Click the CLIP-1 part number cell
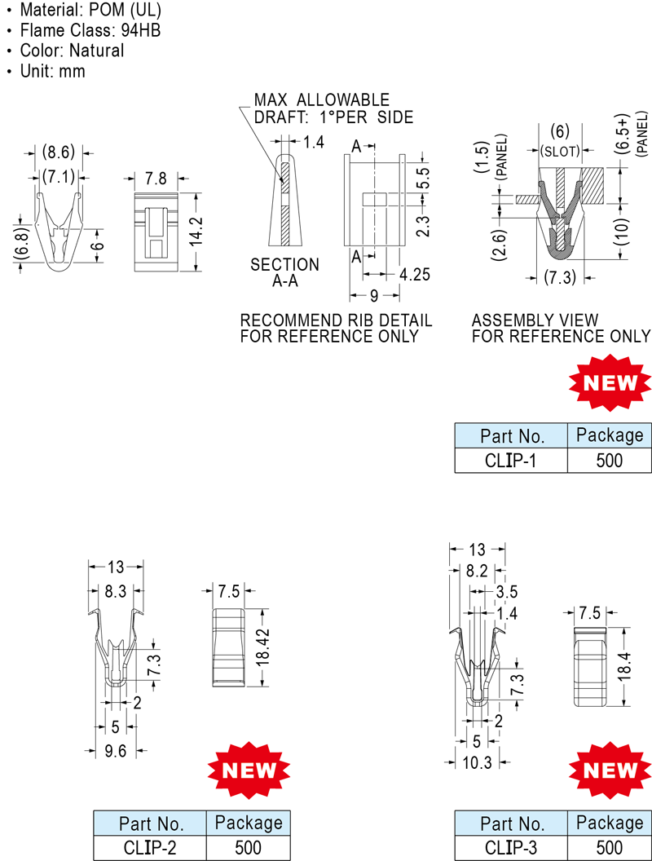pos(510,460)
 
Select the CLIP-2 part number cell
pos(150,848)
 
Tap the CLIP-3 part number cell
pos(510,848)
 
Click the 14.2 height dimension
pos(196,231)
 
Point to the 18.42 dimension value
pos(263,647)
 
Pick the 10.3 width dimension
pos(477,762)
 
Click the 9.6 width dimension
pos(115,751)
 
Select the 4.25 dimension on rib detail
pos(414,274)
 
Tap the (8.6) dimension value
pos(58,152)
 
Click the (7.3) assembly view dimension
pos(560,277)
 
